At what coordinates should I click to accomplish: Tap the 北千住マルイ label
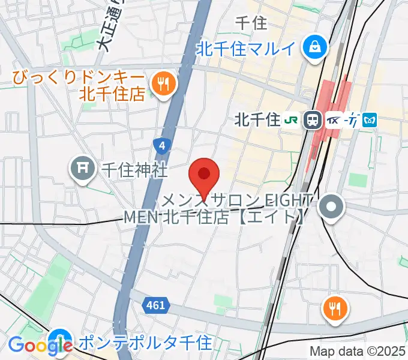click(245, 49)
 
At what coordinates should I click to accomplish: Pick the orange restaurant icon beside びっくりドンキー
click(162, 84)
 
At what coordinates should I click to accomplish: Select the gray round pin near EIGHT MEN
click(332, 208)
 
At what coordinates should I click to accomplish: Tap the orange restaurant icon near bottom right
click(334, 310)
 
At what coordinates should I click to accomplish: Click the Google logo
click(40, 346)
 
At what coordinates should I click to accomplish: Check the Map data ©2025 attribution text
click(358, 350)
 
